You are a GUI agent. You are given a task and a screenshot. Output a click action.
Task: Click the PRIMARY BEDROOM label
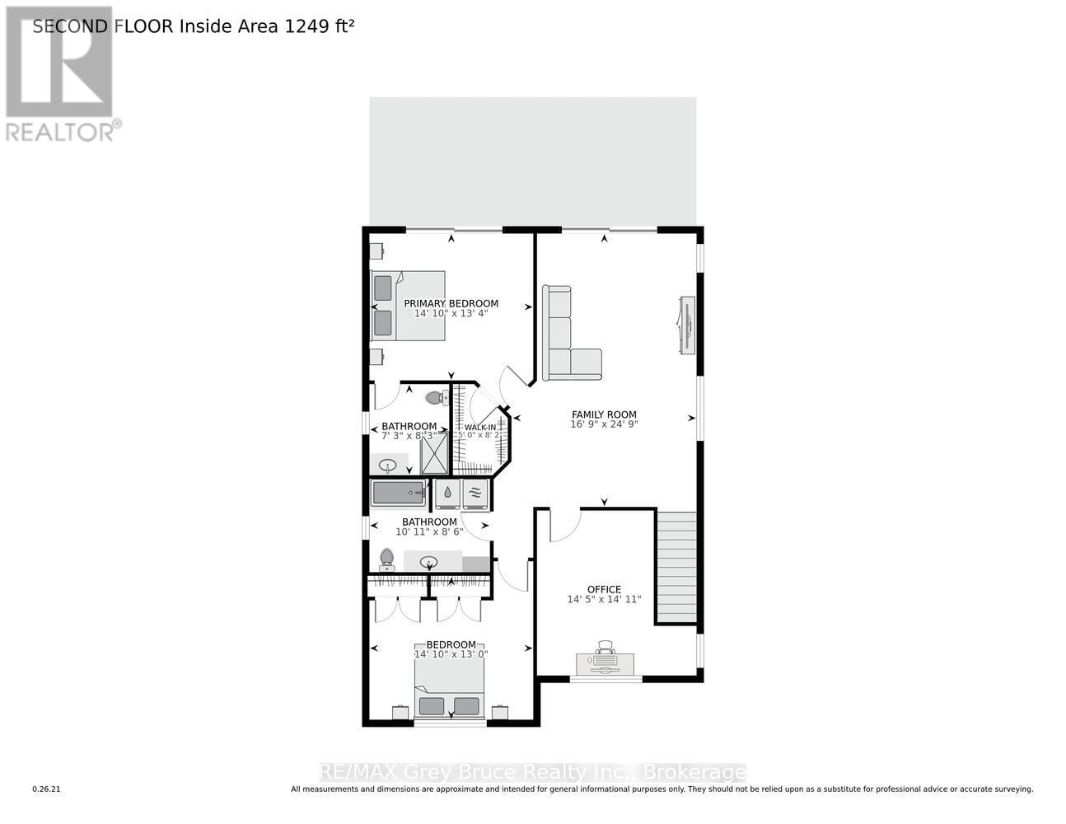[x=451, y=303]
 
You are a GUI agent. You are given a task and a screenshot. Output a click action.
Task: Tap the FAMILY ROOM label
[x=604, y=414]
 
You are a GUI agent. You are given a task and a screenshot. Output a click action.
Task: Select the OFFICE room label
[x=604, y=589]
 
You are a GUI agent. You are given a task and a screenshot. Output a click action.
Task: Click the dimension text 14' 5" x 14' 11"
[x=604, y=600]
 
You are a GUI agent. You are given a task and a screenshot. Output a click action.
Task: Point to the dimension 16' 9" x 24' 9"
[x=604, y=425]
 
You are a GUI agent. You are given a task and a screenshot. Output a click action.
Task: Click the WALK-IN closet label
[x=480, y=428]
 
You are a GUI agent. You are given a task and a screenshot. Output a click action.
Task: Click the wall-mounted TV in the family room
[x=685, y=325]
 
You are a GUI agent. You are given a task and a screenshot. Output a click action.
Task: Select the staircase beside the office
[x=676, y=567]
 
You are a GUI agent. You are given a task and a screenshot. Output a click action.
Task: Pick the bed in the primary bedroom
[x=409, y=306]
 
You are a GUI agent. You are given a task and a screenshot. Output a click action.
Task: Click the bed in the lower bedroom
[x=449, y=692]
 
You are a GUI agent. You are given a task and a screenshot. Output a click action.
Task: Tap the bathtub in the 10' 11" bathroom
[x=398, y=494]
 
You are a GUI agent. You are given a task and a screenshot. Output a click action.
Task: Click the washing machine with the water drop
[x=447, y=494]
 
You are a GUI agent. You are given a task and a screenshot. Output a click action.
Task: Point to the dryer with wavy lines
[x=475, y=494]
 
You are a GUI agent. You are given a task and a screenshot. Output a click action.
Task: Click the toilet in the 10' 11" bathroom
[x=386, y=561]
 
